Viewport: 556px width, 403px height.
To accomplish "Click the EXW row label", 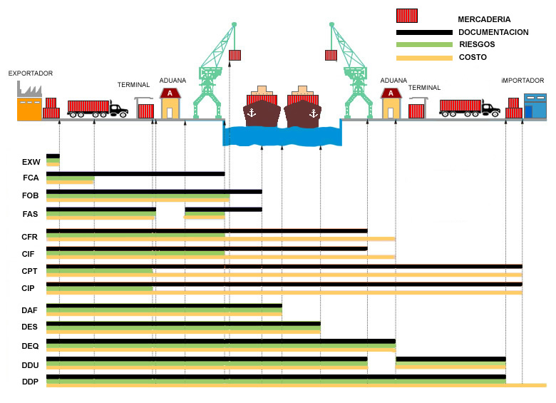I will [31, 162].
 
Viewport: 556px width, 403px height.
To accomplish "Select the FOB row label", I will [31, 195].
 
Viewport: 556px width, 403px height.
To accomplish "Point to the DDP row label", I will [31, 382].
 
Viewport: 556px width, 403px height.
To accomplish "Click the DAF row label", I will [31, 310].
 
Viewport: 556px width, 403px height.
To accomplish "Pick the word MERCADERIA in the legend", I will [484, 19].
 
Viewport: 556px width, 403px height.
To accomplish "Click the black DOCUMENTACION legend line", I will [424, 32].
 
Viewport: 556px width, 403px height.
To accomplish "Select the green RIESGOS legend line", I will [424, 45].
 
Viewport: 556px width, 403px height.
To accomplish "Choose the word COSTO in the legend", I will [473, 57].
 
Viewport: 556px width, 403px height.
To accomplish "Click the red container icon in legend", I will [407, 16].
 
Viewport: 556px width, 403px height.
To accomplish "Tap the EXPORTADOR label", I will [31, 73].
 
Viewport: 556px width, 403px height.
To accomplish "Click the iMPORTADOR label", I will [522, 81].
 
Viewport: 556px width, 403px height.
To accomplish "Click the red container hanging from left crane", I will [235, 55].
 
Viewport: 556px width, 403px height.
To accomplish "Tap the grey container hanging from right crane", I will [331, 55].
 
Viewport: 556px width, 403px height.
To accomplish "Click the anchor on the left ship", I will [250, 113].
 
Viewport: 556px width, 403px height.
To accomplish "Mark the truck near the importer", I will [469, 108].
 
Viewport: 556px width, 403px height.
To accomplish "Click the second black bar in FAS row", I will [222, 210].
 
